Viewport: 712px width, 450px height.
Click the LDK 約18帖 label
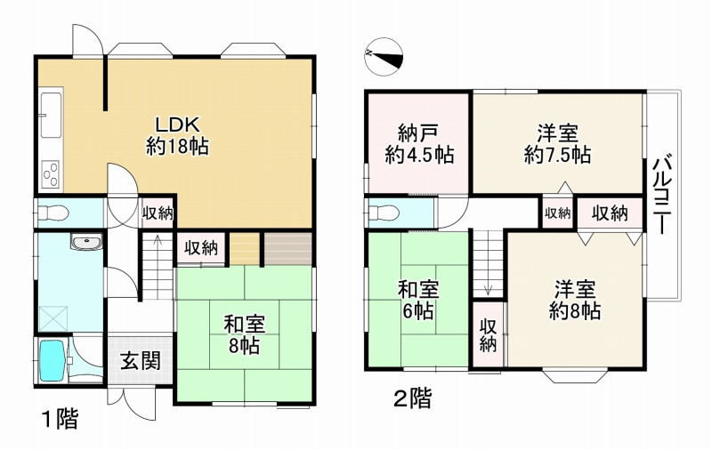(x=176, y=134)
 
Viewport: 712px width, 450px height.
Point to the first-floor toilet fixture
(x=54, y=213)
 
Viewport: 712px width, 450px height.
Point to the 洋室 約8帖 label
(x=574, y=301)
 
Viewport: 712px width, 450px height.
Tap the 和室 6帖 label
(x=419, y=301)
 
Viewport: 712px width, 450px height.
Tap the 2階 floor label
(x=412, y=399)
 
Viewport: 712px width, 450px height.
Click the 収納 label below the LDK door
(x=158, y=213)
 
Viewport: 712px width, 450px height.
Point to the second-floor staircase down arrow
(x=489, y=285)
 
